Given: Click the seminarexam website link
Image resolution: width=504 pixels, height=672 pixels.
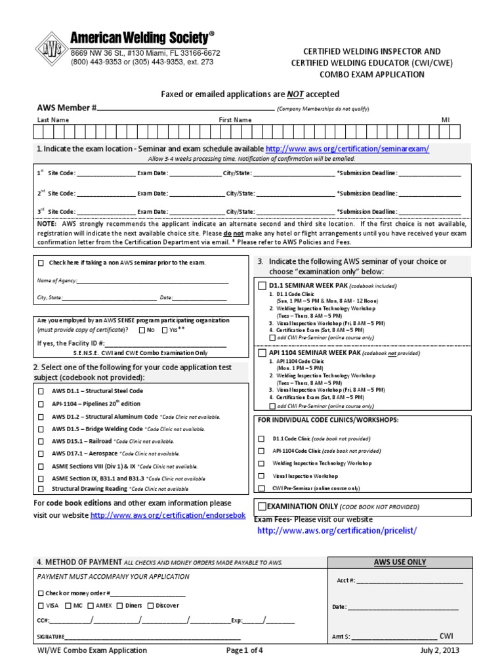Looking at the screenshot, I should coord(347,149).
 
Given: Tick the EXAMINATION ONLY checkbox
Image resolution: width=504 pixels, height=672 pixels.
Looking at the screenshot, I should coord(262,507).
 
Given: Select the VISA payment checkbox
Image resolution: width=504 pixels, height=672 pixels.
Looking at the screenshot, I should coord(42,606).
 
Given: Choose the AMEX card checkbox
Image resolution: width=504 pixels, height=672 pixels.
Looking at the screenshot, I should coord(91,606).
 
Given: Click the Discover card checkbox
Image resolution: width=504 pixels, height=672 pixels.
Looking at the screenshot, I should coord(150,606).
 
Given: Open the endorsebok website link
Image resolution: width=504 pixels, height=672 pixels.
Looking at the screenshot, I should coord(167,516).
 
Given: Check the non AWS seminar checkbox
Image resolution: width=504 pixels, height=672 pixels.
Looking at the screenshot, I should coord(41,263).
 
